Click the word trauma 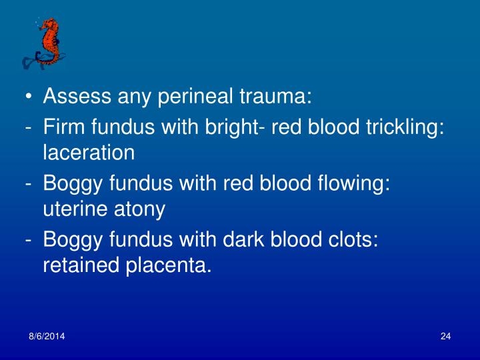point(279,98)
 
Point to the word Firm point(63,126)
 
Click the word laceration point(89,153)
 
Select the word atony point(140,210)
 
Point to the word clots point(354,238)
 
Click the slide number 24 point(446,335)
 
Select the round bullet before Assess point(29,99)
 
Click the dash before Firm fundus point(30,127)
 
